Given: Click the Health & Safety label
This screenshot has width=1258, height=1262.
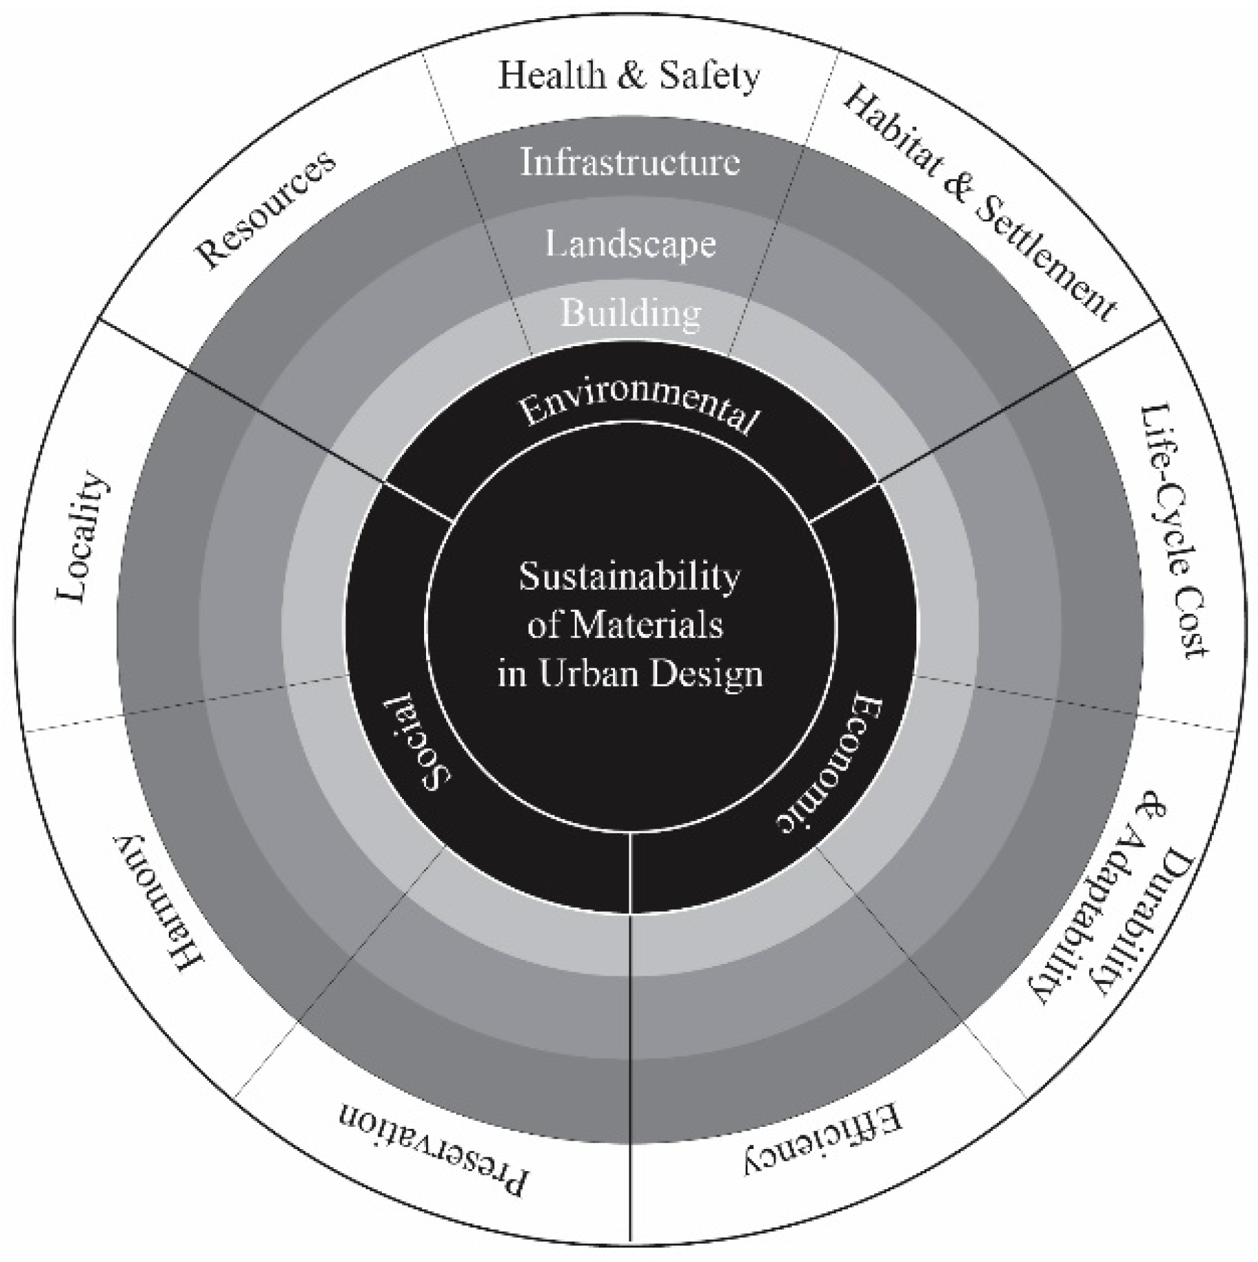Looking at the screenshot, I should pos(629,76).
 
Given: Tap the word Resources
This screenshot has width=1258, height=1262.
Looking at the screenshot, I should pos(266,209).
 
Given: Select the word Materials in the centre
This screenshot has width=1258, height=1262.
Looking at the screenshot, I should pos(647,625).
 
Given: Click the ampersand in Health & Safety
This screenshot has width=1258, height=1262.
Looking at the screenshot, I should pos(632,76).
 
